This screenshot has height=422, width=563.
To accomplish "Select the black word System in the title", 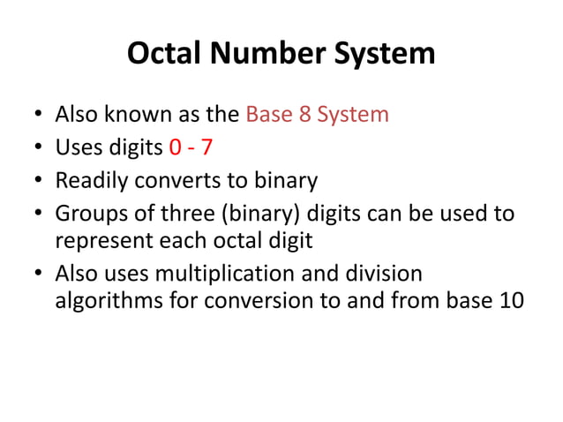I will (382, 54).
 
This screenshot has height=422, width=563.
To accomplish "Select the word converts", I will (177, 181).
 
